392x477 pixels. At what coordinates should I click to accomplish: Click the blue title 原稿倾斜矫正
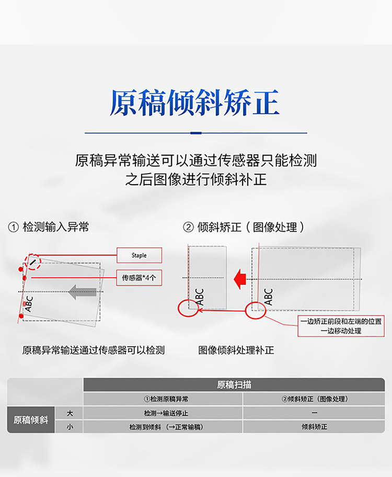coord(194,103)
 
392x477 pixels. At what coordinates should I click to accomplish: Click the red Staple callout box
coord(139,255)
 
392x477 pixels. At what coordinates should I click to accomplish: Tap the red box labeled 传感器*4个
coord(139,277)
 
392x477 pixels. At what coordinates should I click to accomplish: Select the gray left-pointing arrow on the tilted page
coord(83,292)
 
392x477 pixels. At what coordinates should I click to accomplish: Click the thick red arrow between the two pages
coord(240,279)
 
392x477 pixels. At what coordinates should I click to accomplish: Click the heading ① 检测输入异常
coord(49,227)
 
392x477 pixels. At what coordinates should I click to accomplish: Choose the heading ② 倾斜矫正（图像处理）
coord(243,227)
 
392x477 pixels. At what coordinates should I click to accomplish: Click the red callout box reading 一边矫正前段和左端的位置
coord(341,326)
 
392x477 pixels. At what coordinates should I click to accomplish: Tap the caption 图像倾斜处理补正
coord(236,350)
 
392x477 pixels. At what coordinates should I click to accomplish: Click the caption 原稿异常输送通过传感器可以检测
coord(94,350)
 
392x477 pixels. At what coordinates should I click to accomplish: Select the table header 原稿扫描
coord(234,385)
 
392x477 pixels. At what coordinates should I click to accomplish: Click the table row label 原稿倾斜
coord(31,420)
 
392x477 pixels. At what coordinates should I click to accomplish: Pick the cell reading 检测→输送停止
coord(163,413)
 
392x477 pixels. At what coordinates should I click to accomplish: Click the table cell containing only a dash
coord(314,413)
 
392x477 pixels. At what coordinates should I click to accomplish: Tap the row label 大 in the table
coord(70,413)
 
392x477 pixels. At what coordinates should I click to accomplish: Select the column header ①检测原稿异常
coord(163,399)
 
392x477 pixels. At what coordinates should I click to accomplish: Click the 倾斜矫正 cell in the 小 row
coord(314,427)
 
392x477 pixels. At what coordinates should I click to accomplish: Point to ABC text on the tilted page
coord(29,303)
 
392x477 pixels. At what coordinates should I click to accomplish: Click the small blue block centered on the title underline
coord(196,133)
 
